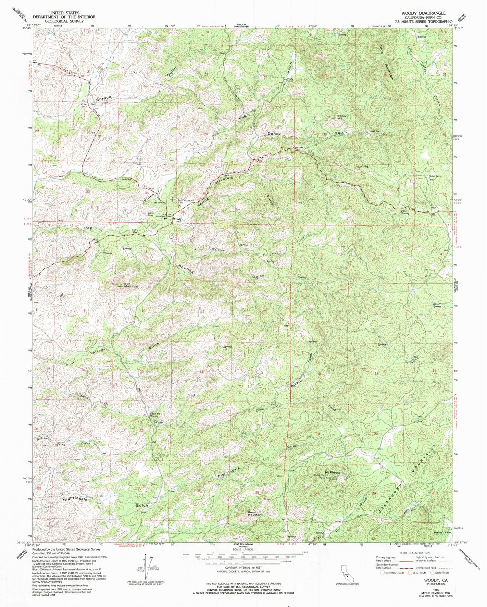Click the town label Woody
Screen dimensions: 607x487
[177, 219]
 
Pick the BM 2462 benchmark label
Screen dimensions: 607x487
[300, 148]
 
